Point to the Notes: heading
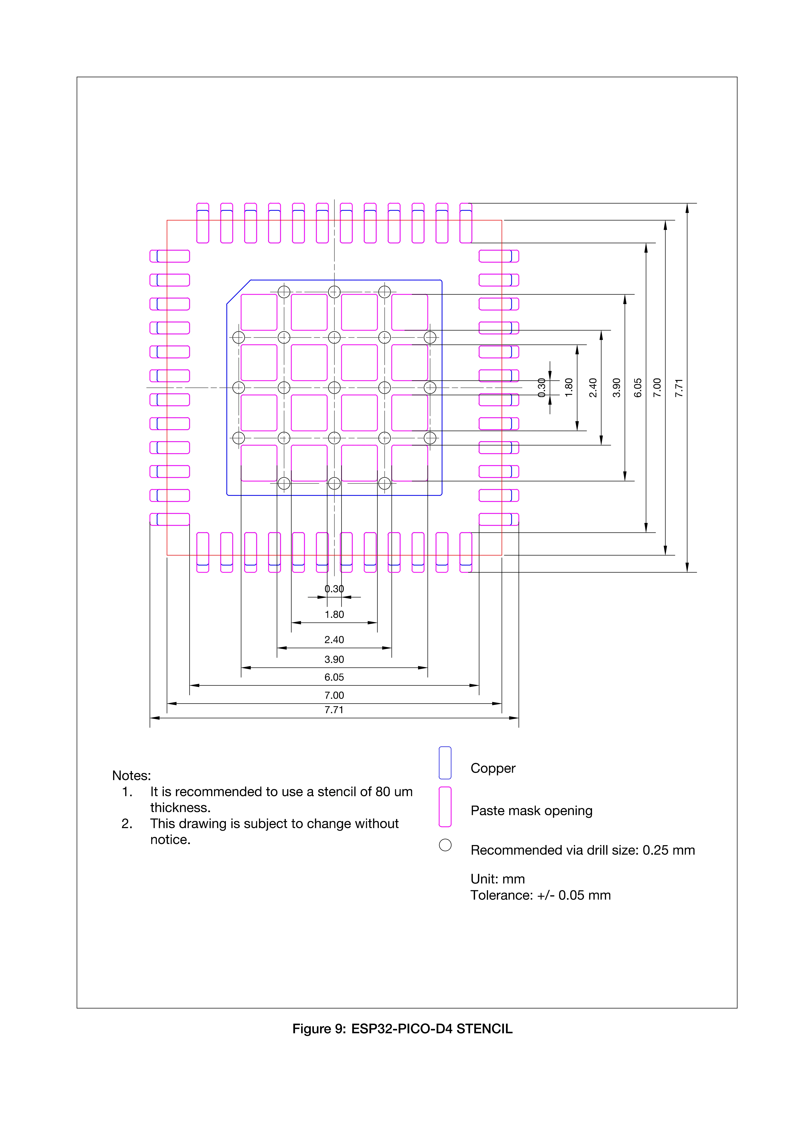pos(132,775)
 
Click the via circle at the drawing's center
pos(334,387)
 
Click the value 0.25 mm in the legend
pos(669,850)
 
